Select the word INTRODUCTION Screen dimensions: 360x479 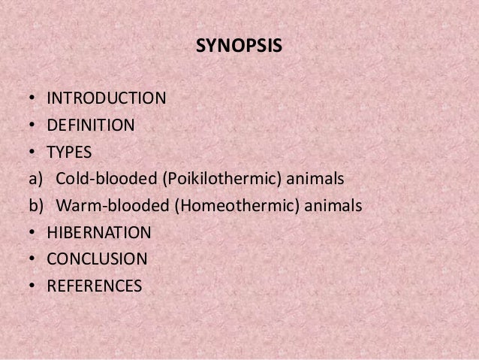(107, 98)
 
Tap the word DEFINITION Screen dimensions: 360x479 (91, 125)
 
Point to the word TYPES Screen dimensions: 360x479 (69, 152)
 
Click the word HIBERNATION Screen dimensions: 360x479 (98, 232)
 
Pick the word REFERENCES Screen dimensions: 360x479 (94, 286)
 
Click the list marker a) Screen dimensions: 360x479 (32, 179)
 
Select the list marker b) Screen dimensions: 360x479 (33, 205)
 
